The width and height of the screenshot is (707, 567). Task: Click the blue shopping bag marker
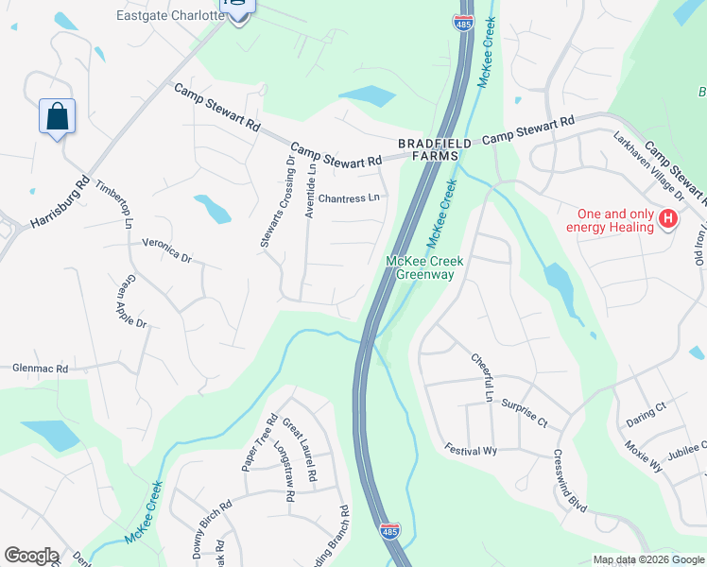tap(57, 117)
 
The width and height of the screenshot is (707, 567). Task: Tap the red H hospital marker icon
tap(668, 220)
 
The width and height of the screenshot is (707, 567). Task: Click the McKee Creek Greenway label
tap(421, 267)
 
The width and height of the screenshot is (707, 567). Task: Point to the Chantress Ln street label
tap(349, 198)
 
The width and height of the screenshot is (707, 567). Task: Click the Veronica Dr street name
tap(166, 250)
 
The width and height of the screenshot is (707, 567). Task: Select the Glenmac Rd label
tap(41, 369)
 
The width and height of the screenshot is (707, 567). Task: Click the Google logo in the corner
tap(31, 556)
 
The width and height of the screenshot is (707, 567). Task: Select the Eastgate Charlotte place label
tap(171, 16)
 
